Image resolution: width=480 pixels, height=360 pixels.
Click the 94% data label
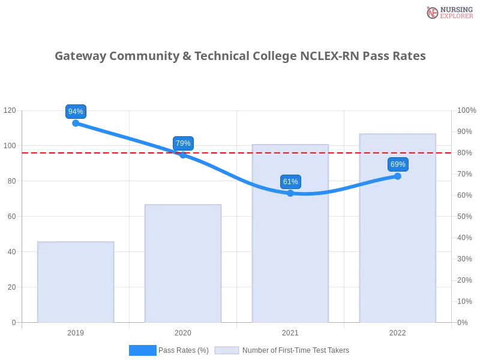pyautogui.click(x=76, y=112)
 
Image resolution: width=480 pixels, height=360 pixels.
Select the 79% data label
pyautogui.click(x=183, y=143)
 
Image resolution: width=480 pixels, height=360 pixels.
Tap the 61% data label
pyautogui.click(x=290, y=182)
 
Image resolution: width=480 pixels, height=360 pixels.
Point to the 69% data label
pyautogui.click(x=398, y=164)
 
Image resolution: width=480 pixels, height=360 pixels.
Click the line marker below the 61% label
pyautogui.click(x=290, y=193)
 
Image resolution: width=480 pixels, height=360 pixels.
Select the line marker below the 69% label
pyautogui.click(x=398, y=176)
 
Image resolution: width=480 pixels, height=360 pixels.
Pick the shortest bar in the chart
pyautogui.click(x=74, y=282)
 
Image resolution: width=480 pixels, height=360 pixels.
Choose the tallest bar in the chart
pyautogui.click(x=396, y=228)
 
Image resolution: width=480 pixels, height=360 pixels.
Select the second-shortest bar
pyautogui.click(x=184, y=264)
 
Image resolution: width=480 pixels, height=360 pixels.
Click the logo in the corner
pyautogui.click(x=448, y=13)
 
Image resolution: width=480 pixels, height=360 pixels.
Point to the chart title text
pyautogui.click(x=239, y=56)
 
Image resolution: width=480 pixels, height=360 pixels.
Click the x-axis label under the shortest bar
pyautogui.click(x=76, y=331)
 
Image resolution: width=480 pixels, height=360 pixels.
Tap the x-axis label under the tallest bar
pyautogui.click(x=398, y=331)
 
